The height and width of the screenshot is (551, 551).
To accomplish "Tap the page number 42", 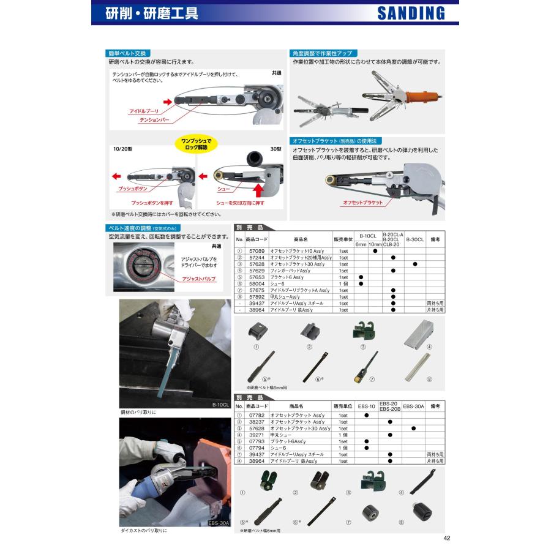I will (446, 538).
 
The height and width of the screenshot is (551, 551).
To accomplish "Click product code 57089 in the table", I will (257, 250).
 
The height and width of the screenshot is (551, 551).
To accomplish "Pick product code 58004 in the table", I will (257, 283).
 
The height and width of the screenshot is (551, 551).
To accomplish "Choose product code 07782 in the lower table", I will (257, 415).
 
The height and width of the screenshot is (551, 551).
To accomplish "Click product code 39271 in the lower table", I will (257, 435).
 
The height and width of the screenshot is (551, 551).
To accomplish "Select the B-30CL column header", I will (414, 240).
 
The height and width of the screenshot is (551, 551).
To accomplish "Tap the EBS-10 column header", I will (366, 405).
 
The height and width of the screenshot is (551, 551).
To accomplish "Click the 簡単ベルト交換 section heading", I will (127, 54).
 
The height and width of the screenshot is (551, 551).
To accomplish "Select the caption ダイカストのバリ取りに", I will (143, 530).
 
